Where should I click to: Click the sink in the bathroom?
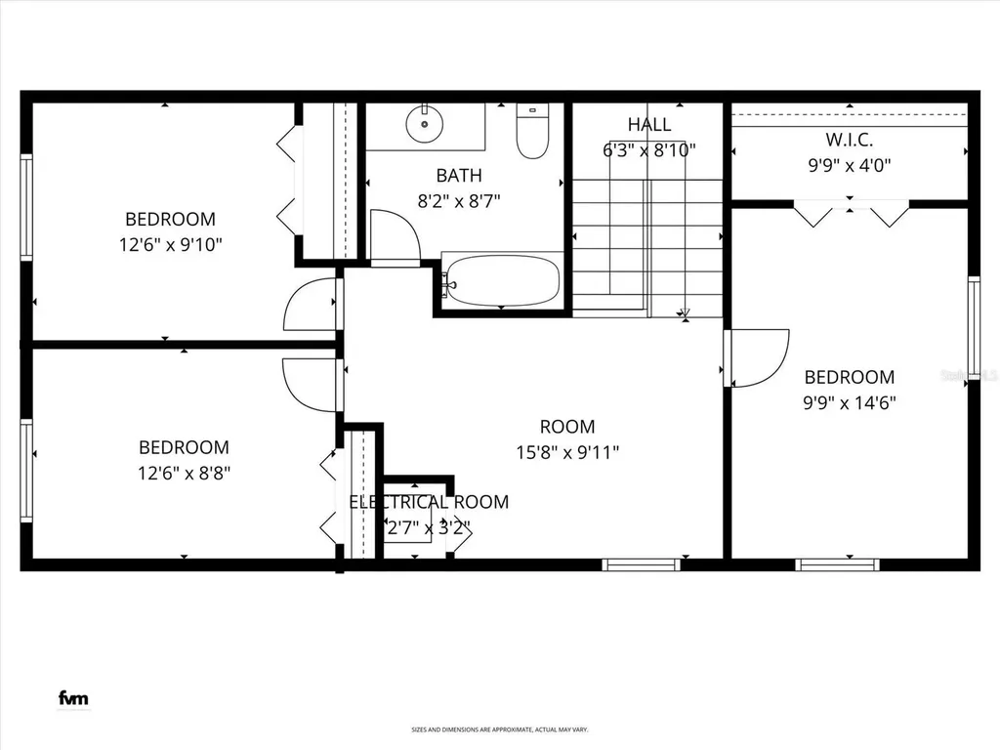coord(425,124)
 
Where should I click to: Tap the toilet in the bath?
coord(532,133)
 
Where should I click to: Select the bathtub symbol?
coord(501,281)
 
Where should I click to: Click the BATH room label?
coord(458,176)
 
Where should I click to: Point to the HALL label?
coord(649,125)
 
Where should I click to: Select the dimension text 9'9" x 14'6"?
coord(849,401)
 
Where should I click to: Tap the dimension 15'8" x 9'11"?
coord(567,452)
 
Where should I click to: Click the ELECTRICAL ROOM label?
coord(429,502)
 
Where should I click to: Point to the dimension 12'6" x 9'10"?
coord(170,244)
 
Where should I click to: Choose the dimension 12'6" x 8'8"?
coord(184,473)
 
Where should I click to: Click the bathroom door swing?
coord(396,239)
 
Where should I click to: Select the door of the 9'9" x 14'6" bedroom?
coord(757,357)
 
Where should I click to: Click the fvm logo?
coord(72,697)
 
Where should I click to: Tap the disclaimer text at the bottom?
coord(499,729)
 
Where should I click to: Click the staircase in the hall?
coord(646,244)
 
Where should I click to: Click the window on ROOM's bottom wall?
coord(641,563)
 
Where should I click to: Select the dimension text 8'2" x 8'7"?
coord(458,201)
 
